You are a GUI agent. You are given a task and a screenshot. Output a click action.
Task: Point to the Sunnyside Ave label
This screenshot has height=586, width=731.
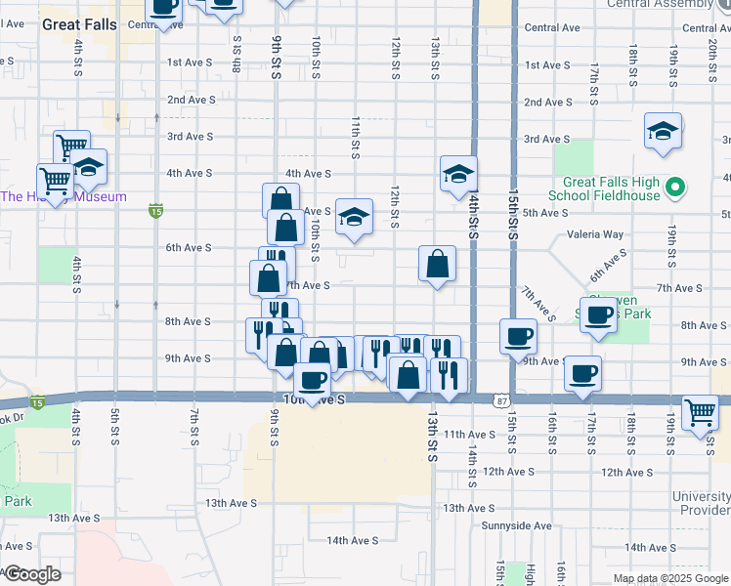[517, 525]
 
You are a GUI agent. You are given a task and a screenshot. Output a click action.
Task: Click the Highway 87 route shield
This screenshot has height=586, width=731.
[500, 400]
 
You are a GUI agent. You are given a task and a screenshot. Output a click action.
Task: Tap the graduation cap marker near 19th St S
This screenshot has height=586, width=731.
[663, 132]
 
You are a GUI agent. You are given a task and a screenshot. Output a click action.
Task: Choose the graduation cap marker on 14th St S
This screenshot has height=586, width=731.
[458, 175]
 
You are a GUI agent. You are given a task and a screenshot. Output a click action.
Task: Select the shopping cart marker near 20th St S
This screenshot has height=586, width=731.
[701, 413]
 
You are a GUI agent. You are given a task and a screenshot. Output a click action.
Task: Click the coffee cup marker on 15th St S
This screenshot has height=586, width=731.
[518, 336]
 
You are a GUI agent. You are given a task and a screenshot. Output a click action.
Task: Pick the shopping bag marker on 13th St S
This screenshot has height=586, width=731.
[437, 263]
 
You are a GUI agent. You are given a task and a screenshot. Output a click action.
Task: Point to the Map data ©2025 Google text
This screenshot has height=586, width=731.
[670, 578]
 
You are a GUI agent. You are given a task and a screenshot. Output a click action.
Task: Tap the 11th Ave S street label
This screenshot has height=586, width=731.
[469, 434]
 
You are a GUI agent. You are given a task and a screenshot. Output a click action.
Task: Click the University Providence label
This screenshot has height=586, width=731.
[701, 503]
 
